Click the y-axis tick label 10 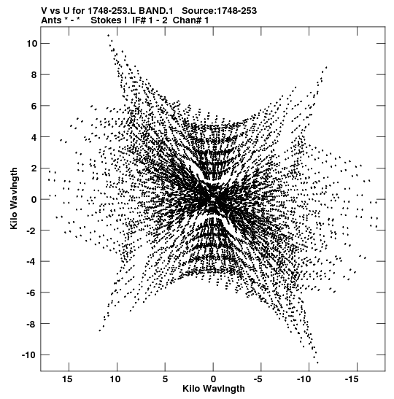tap(32, 44)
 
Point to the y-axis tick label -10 tap(29, 355)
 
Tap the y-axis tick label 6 tap(34, 106)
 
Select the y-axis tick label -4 tap(32, 262)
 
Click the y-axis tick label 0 tap(34, 200)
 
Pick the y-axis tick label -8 tap(32, 324)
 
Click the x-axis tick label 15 tap(67, 379)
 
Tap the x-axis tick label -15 tap(352, 379)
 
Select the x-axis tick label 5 tap(165, 379)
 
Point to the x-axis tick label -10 tap(304, 379)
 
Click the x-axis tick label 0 tap(213, 379)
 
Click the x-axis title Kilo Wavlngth tap(214, 389)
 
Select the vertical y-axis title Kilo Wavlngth tap(14, 198)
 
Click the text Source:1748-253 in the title tap(220, 11)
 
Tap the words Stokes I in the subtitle tap(109, 20)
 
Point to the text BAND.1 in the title tap(158, 11)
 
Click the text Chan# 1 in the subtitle tap(190, 20)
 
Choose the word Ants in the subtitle tap(51, 20)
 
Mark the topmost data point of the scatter tap(109, 35)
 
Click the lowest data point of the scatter tap(317, 363)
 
